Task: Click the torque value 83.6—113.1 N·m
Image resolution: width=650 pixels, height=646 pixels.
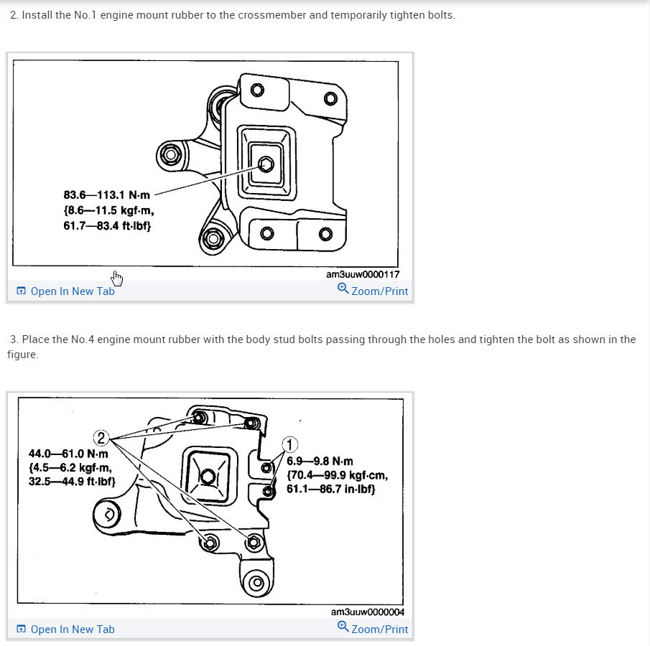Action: coord(106,195)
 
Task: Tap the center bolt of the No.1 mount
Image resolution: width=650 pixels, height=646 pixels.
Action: coord(265,164)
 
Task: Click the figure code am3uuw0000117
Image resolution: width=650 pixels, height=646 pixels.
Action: coord(362,274)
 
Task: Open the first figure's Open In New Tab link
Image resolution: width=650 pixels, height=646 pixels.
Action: coord(72,291)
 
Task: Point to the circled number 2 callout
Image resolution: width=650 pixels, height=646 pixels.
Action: coord(102,438)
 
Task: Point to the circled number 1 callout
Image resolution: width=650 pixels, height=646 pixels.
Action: coord(290,445)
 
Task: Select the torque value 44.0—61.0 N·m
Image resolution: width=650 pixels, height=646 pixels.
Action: coord(68,454)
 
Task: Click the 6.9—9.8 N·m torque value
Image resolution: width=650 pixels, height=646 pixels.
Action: coord(320,462)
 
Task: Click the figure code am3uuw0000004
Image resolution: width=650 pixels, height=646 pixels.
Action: coord(367,612)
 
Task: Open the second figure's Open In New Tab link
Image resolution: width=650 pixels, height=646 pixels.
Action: coord(72,629)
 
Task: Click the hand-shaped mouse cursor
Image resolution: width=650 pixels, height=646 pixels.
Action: coord(117,278)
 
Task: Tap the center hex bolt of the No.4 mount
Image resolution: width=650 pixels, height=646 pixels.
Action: coord(208,476)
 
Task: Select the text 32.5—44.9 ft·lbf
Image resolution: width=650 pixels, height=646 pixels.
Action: coord(71,481)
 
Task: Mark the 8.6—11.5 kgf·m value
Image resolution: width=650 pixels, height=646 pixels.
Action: coord(108,211)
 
